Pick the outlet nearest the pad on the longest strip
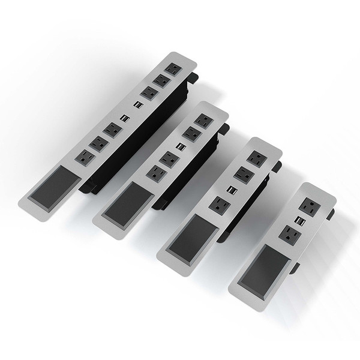point(84,158)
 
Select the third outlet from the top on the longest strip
point(146,92)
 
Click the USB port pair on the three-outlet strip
point(232,189)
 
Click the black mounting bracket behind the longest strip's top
point(193,79)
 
